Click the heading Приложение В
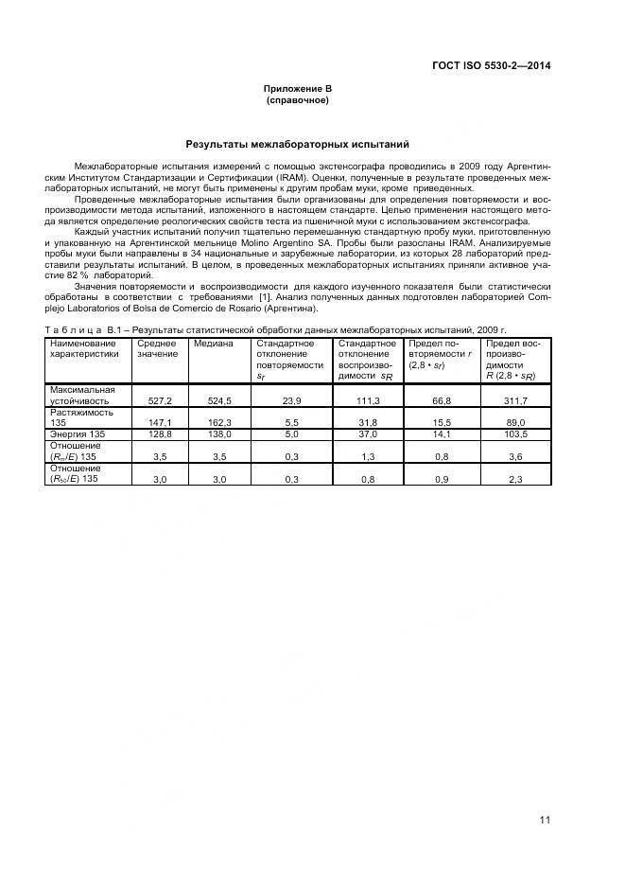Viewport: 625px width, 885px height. coord(297,88)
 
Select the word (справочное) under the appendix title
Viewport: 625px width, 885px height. coord(297,99)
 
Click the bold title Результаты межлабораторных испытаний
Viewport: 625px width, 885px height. coord(297,146)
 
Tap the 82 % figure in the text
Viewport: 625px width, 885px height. coord(89,275)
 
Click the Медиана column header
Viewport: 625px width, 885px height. coord(214,343)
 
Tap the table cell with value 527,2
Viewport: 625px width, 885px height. coord(158,401)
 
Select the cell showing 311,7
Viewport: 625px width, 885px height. coord(510,401)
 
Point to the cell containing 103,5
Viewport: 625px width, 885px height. coord(510,434)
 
